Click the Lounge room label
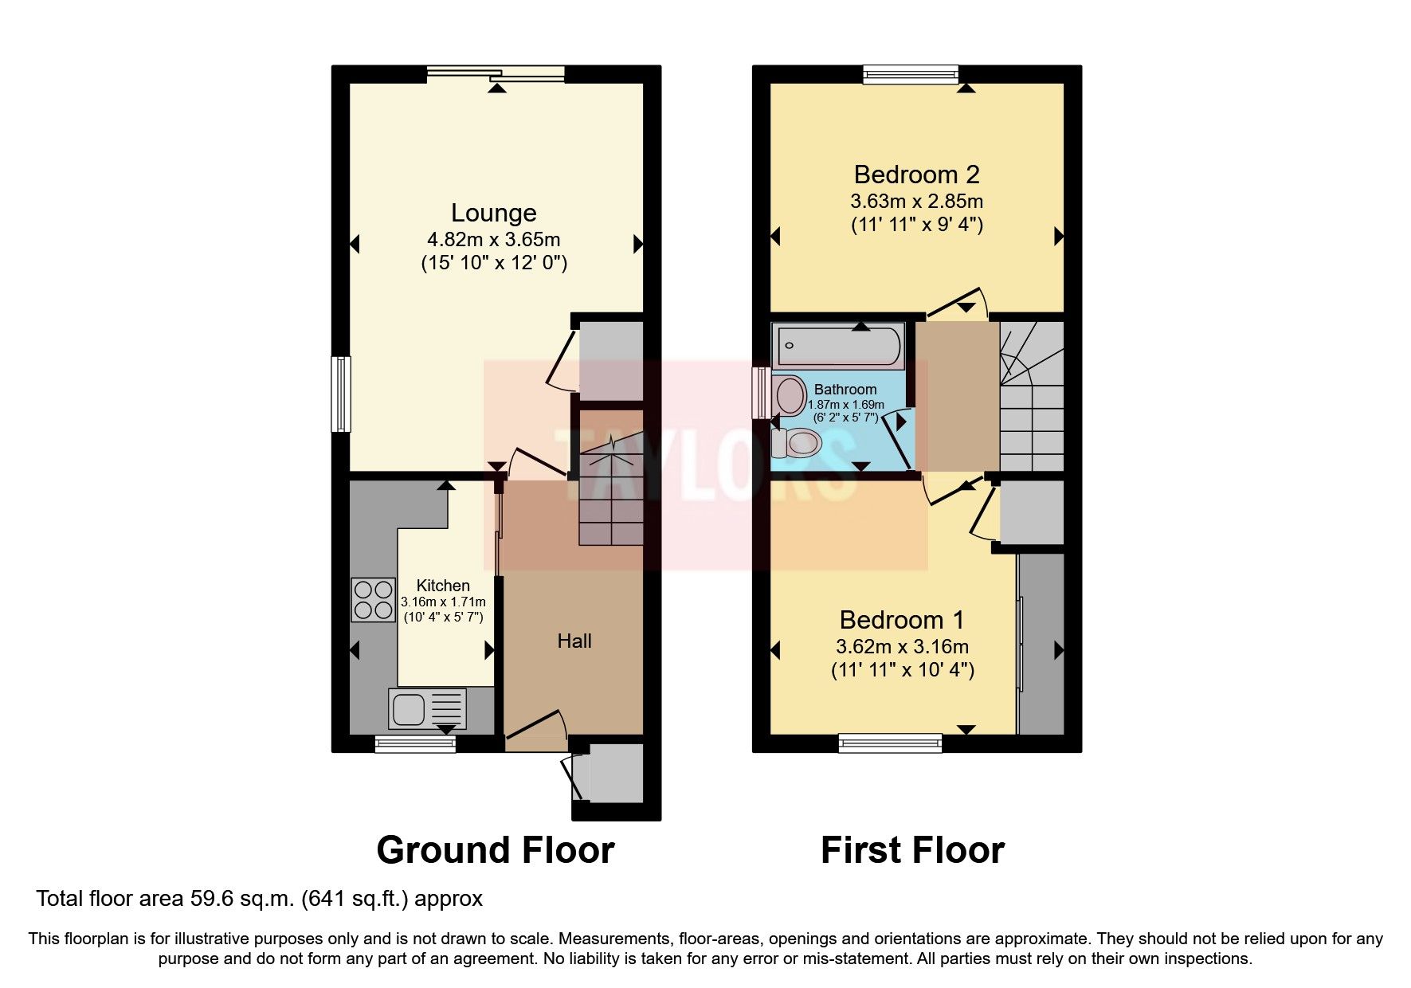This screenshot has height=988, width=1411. click(493, 213)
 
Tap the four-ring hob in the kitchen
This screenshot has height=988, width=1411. click(373, 600)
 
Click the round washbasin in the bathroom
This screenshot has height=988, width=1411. click(790, 395)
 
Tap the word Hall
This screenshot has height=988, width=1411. click(574, 641)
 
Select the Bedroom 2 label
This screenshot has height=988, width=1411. click(916, 174)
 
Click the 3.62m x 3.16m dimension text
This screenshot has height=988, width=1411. click(902, 646)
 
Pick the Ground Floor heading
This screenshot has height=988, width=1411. click(495, 850)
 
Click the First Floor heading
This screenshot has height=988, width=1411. click(912, 850)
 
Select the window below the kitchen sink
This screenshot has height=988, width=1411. click(415, 744)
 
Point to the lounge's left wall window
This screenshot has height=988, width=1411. click(341, 394)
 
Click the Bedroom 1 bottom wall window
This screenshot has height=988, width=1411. click(890, 744)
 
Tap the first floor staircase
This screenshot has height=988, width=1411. click(1032, 398)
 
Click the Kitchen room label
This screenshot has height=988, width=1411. click(443, 586)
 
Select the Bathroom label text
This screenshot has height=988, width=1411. click(845, 390)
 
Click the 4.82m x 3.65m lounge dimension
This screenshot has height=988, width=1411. click(493, 239)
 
